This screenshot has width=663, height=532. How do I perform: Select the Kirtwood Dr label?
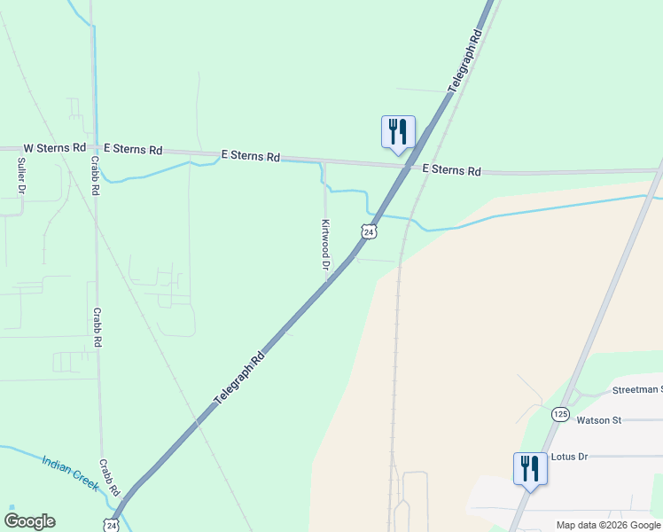tap(325, 245)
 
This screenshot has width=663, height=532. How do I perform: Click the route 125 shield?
tap(560, 414)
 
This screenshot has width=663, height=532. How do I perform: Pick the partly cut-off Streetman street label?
tap(636, 390)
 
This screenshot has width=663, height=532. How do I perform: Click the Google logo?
tap(29, 521)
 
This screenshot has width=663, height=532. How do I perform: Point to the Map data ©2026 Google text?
tap(608, 525)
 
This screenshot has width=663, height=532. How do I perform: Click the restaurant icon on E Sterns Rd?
tap(398, 132)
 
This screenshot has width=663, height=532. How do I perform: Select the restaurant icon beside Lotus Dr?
tap(530, 468)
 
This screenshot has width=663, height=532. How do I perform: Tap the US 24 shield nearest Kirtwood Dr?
tap(369, 231)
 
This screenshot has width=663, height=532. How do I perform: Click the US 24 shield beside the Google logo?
tap(111, 525)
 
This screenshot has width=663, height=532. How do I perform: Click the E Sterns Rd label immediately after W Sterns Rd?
tap(133, 150)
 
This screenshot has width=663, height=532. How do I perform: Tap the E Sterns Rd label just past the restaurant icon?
tap(451, 170)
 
